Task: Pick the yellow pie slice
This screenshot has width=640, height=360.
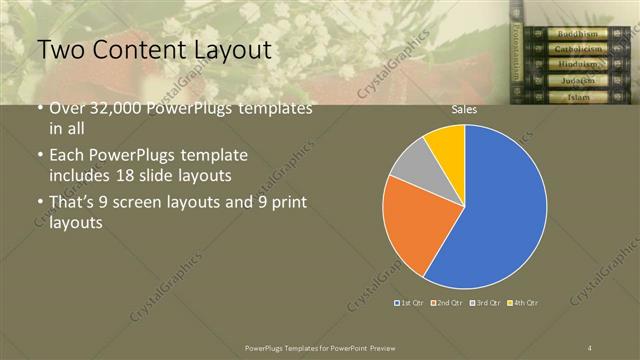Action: (447, 145)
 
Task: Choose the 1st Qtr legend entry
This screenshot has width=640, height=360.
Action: (409, 302)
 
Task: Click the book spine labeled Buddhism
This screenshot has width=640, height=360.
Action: (579, 33)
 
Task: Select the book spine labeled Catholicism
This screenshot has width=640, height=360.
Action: (579, 49)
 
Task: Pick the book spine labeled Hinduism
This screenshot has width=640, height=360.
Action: (579, 65)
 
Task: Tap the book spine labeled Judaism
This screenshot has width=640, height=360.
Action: (579, 81)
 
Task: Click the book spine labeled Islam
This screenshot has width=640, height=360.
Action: (579, 97)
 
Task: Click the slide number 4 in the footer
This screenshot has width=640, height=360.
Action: (589, 346)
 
